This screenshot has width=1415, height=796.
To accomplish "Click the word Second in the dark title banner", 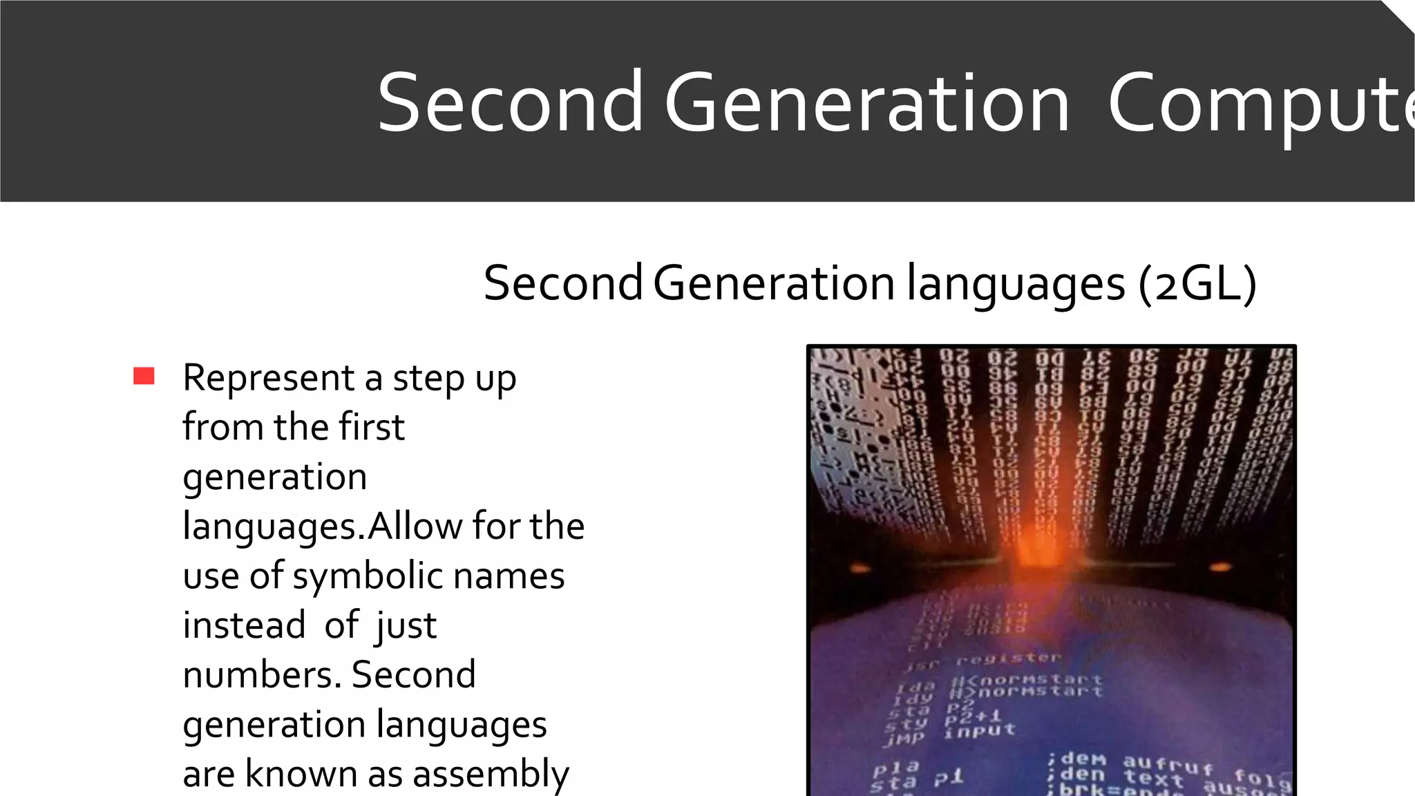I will [510, 104].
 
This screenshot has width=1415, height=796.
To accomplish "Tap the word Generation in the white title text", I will [867, 104].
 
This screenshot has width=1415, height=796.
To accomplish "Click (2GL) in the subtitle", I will [1197, 283].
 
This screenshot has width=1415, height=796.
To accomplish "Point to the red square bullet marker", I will [144, 376].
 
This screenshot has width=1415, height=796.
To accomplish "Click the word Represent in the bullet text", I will [269, 379].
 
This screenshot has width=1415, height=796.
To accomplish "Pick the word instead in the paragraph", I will [244, 625].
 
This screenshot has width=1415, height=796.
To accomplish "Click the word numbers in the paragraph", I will [262, 675].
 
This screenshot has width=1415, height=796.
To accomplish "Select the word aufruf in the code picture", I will [1168, 764].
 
